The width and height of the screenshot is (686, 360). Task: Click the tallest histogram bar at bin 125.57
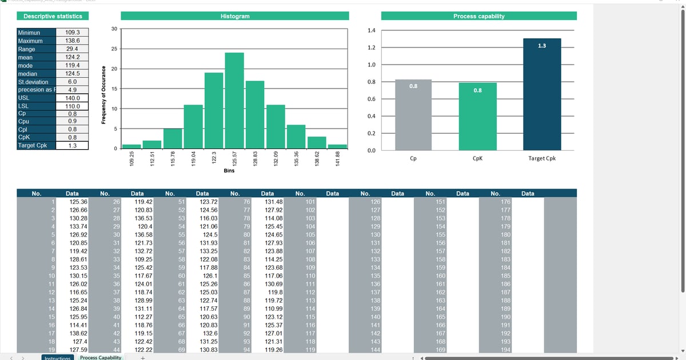[x=234, y=101]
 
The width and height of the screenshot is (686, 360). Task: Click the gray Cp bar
[x=413, y=114]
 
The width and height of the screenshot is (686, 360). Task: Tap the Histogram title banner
[x=234, y=17]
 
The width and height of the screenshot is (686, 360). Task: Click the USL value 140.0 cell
[x=73, y=98]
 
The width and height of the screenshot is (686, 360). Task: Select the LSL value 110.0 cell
[x=73, y=106]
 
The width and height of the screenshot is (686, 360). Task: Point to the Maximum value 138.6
[x=73, y=41]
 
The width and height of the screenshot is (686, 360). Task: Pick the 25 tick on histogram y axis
[x=115, y=49]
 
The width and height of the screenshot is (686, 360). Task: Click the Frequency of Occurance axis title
[x=104, y=95]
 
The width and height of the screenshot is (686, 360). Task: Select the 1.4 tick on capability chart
[x=372, y=30]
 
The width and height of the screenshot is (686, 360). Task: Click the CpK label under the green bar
[x=477, y=158]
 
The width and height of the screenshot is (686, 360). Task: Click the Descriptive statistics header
[x=53, y=17]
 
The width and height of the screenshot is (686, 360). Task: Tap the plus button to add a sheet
[x=143, y=358]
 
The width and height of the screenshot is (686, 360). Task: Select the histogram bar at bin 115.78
[x=173, y=139]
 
